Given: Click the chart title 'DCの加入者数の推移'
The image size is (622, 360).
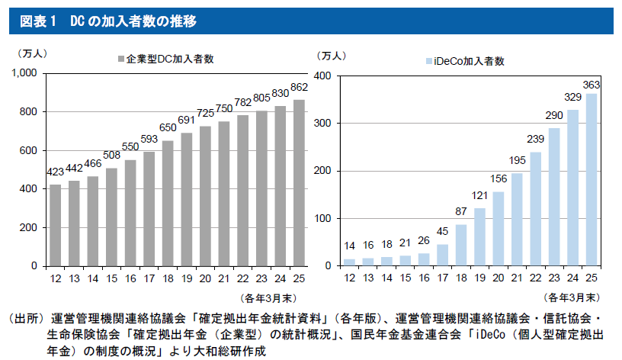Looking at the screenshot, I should (133, 21).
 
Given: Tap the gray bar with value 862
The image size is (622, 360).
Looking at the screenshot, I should (299, 183).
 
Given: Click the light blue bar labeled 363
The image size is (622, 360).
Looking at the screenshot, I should (591, 180).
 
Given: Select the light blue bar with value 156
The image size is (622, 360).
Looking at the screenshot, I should (499, 229).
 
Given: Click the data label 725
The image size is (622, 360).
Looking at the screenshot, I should (205, 113).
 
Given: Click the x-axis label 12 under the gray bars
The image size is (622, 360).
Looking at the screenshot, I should (56, 278).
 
